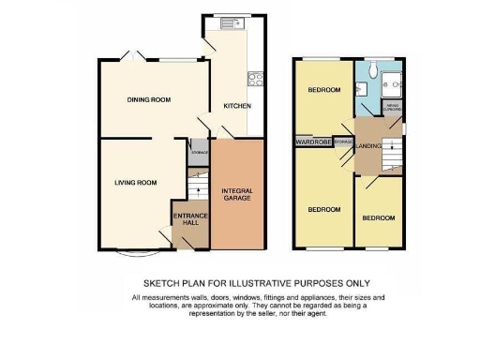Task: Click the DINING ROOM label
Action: coord(148,98)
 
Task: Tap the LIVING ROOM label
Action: coord(136,183)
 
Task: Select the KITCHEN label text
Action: coord(236,106)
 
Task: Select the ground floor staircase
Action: coord(194,191)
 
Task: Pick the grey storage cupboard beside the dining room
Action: coord(198,152)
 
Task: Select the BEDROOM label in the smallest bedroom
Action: coord(379,217)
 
